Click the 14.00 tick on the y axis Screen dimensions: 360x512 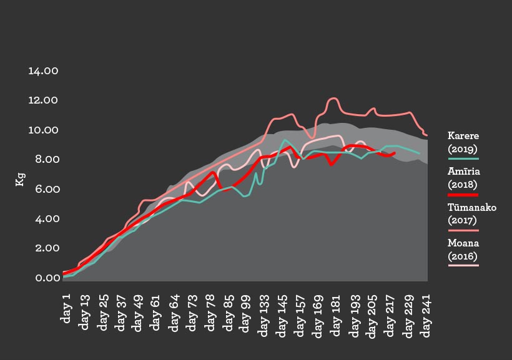click(43, 71)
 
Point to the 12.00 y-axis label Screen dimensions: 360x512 click(43, 100)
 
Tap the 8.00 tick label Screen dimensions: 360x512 click(43, 160)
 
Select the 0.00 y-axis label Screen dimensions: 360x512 click(43, 278)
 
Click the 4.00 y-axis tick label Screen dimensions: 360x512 click(43, 219)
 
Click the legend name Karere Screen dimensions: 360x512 click(463, 136)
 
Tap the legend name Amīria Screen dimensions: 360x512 click(463, 172)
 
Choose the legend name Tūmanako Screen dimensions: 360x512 click(472, 207)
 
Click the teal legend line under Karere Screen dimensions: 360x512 click(463, 159)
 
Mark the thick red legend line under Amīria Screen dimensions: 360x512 click(463, 195)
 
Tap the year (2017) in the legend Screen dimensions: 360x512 click(463, 220)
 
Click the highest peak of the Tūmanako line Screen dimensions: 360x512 click(333, 98)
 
